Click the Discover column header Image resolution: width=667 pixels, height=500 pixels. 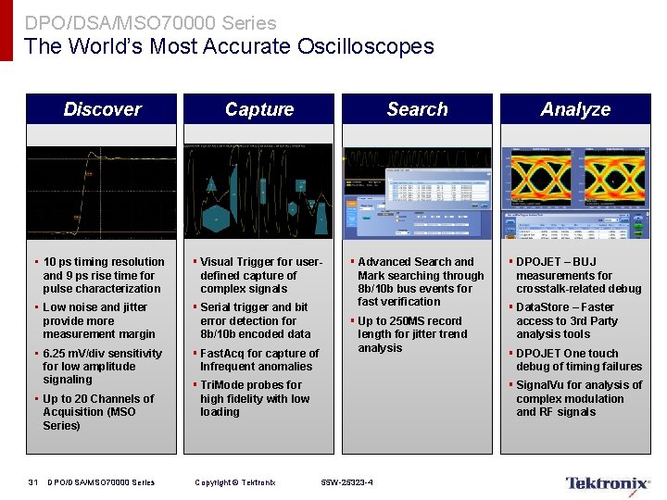click(x=102, y=109)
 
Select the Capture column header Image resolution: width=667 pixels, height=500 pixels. click(x=259, y=109)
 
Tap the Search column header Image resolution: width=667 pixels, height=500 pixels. click(x=417, y=109)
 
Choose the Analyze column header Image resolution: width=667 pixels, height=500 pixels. click(x=575, y=109)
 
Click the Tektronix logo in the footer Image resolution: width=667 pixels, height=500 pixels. click(x=608, y=482)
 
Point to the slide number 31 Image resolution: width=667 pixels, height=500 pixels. click(x=33, y=482)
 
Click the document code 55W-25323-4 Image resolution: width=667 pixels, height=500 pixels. click(x=347, y=482)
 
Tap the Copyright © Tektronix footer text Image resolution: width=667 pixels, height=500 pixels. click(x=235, y=482)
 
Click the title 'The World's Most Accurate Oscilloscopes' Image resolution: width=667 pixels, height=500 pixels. click(x=229, y=46)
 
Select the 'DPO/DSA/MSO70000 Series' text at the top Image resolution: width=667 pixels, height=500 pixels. click(x=150, y=22)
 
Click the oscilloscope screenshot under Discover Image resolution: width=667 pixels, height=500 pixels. click(x=101, y=193)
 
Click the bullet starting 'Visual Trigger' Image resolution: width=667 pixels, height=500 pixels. click(x=260, y=275)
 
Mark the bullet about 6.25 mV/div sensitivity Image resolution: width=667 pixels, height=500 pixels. click(x=102, y=366)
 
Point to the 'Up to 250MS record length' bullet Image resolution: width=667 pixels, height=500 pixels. click(x=416, y=334)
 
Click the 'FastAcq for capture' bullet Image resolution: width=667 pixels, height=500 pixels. click(x=259, y=359)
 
